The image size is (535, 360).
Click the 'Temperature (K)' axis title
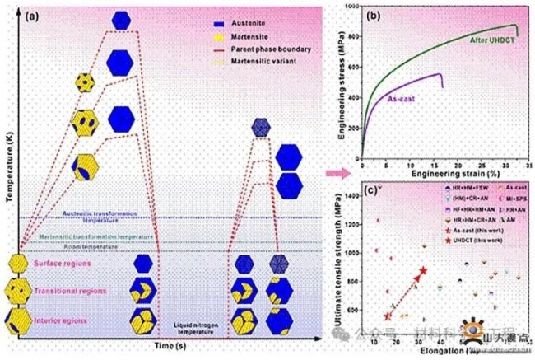pyautogui.click(x=9, y=164)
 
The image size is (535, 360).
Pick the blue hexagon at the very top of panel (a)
pyautogui.click(x=121, y=20)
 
